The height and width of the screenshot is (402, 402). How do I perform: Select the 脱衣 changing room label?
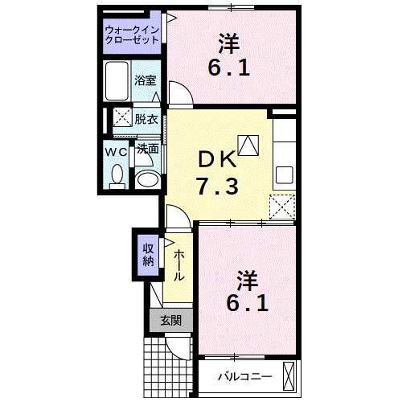[146, 118]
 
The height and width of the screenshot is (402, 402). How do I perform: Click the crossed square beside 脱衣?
[121, 117]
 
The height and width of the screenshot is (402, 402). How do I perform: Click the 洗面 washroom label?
[146, 149]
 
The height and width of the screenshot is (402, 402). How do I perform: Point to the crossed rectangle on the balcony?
[289, 375]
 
